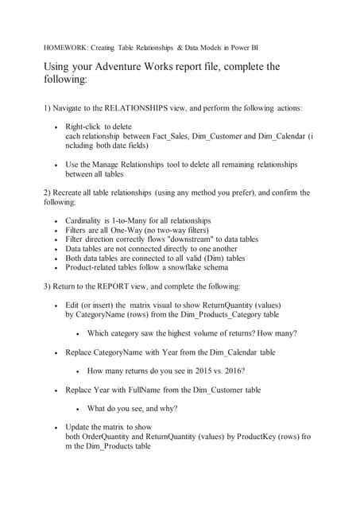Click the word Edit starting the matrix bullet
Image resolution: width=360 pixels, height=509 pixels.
[x=73, y=305]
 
